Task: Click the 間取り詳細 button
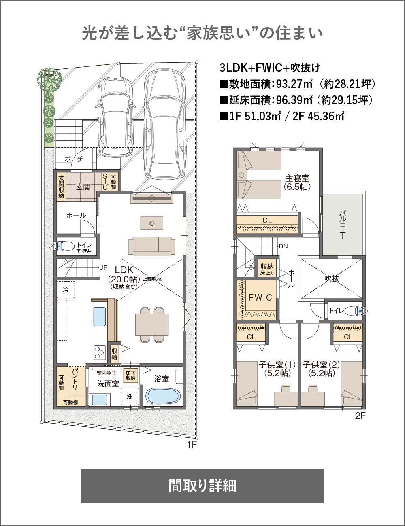[x=202, y=486]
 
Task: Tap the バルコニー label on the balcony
[x=342, y=225]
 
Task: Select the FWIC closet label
[x=260, y=297]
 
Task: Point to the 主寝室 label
[x=297, y=178]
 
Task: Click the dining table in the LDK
[x=152, y=325]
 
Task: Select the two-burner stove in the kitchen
[x=100, y=352]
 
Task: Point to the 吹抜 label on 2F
[x=332, y=279]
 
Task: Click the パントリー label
[x=75, y=382]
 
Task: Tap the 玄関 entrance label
[x=83, y=187]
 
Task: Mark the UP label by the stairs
[x=103, y=268]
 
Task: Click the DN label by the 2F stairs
[x=283, y=246]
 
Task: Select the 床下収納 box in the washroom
[x=130, y=375]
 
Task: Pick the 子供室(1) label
[x=277, y=365]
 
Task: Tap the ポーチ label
[x=75, y=159]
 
